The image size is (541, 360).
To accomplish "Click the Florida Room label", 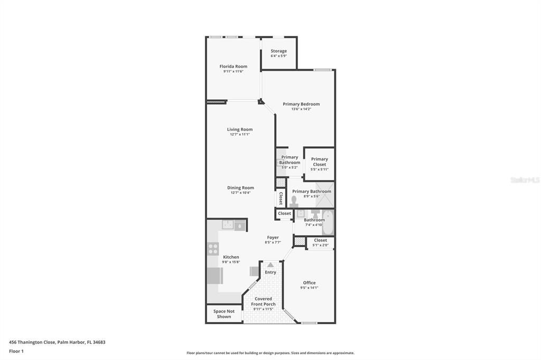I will [233, 67].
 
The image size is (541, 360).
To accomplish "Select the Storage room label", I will [278, 51].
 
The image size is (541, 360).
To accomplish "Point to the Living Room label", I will [240, 129].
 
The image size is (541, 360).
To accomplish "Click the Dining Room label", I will [240, 187].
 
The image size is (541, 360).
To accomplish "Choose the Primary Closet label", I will [319, 162].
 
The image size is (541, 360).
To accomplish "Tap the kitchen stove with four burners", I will [213, 249].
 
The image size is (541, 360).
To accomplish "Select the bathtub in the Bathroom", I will [328, 223].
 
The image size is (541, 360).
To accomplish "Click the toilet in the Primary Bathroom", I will [294, 201].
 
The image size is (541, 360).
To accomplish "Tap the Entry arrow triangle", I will [270, 265].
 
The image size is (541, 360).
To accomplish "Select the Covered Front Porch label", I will [263, 301].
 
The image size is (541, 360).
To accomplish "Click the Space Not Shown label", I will [223, 314].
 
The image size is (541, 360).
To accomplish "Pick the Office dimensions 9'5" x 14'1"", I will [309, 288].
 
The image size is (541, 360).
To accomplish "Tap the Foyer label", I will [273, 238].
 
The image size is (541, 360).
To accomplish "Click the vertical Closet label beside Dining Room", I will [281, 198].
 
